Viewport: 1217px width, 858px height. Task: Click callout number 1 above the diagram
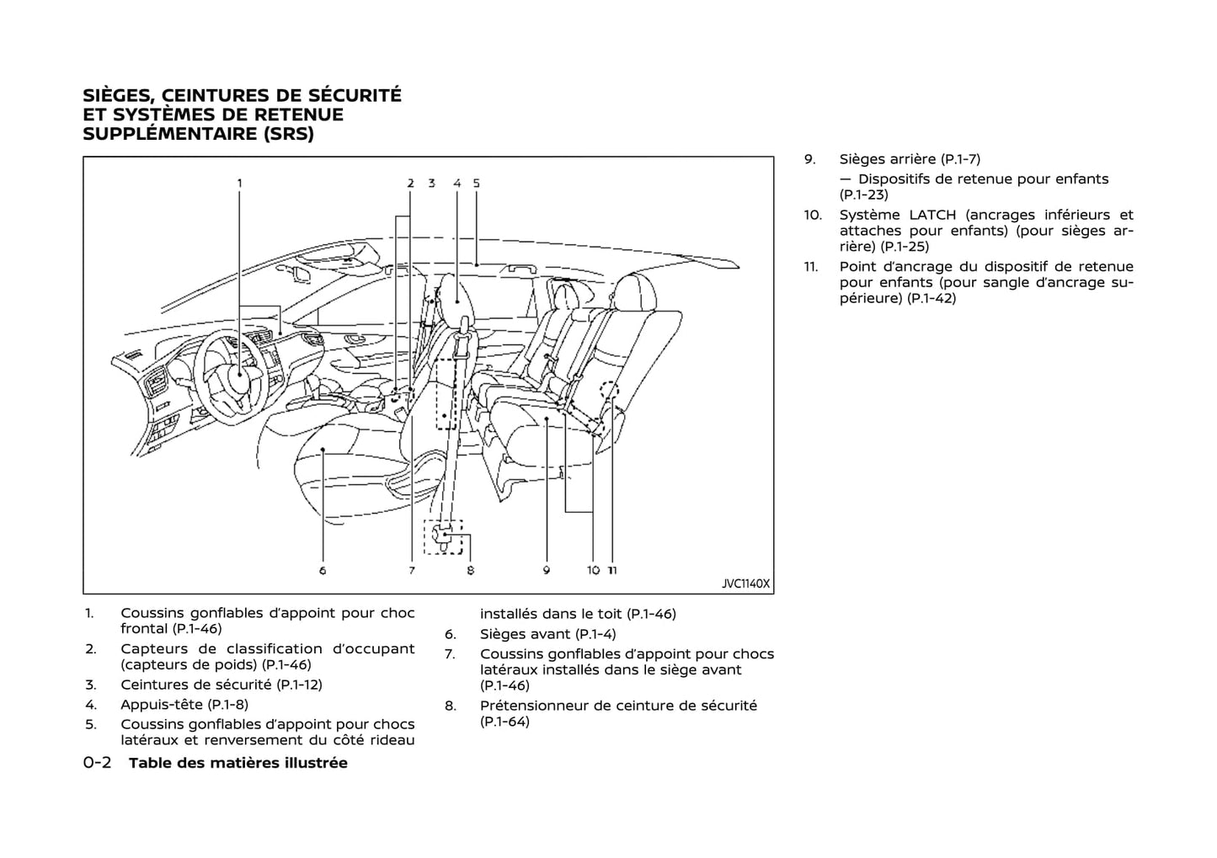click(x=239, y=183)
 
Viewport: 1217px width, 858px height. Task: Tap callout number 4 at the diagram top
click(x=456, y=183)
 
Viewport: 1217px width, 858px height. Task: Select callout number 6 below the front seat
click(x=323, y=570)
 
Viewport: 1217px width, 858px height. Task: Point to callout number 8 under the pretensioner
click(x=470, y=570)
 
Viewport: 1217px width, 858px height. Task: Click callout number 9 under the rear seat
click(x=547, y=570)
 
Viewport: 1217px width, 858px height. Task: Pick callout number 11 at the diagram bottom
click(x=612, y=570)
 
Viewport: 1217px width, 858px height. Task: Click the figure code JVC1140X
click(x=745, y=583)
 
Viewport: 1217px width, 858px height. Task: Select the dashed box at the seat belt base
click(x=444, y=536)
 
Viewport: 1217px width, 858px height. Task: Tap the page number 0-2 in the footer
click(x=98, y=763)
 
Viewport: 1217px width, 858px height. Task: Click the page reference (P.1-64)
click(x=504, y=722)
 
